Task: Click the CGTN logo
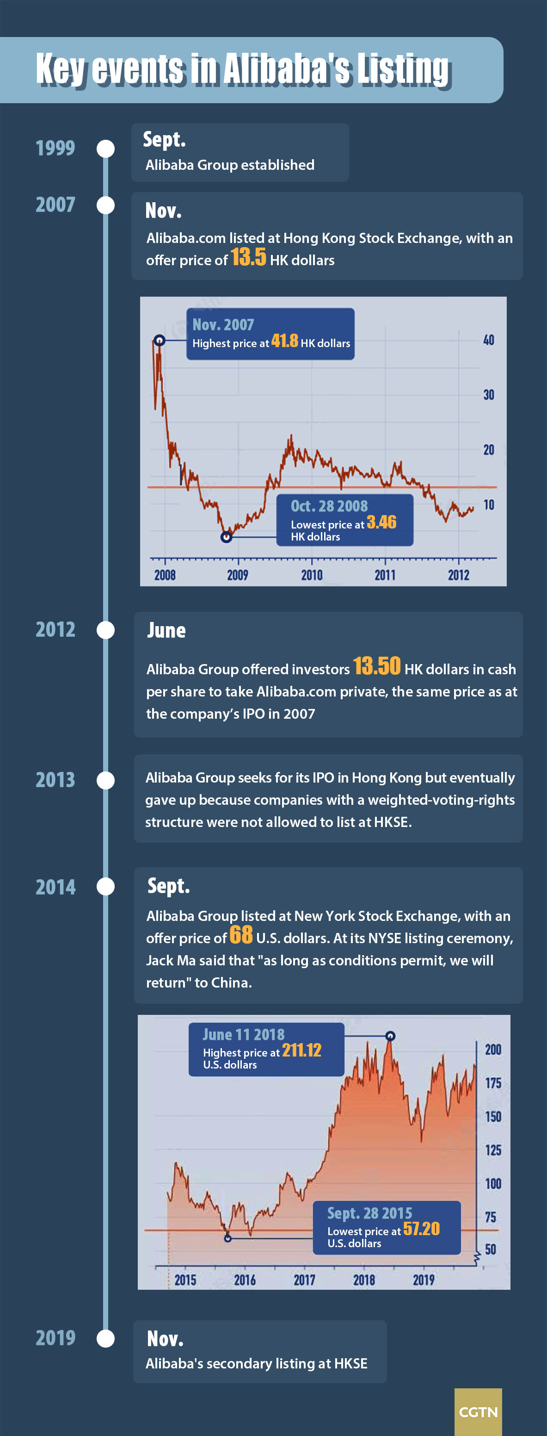click(478, 1411)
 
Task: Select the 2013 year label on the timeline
click(55, 779)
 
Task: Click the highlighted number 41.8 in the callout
click(284, 341)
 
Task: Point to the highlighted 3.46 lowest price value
click(381, 522)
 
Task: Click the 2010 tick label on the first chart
click(311, 575)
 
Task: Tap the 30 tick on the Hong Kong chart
click(489, 395)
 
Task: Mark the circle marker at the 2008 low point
click(226, 537)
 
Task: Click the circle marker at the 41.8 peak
click(160, 340)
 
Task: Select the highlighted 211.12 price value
click(301, 1050)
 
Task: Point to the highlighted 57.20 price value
click(421, 1229)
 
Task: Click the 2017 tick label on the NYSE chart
click(304, 1280)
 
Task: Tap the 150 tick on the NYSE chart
click(493, 1117)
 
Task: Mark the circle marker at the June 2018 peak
click(390, 1036)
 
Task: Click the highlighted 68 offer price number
click(240, 935)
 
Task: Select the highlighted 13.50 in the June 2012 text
click(376, 666)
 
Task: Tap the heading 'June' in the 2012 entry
click(166, 630)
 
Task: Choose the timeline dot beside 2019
click(105, 1338)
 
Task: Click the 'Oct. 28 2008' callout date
click(329, 506)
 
